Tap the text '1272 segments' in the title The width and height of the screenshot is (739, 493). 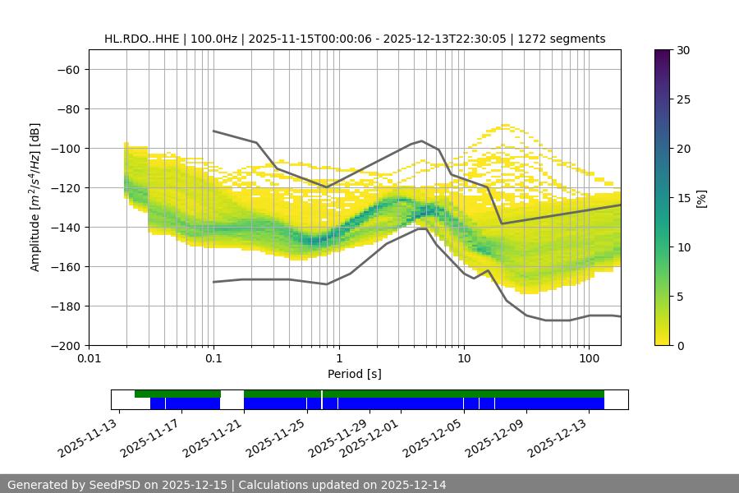tap(567, 39)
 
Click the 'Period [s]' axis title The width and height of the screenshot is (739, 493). tap(354, 375)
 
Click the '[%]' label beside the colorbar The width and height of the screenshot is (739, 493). tap(701, 198)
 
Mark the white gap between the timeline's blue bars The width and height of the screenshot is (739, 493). tap(232, 403)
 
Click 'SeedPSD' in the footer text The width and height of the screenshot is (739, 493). tap(114, 485)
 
